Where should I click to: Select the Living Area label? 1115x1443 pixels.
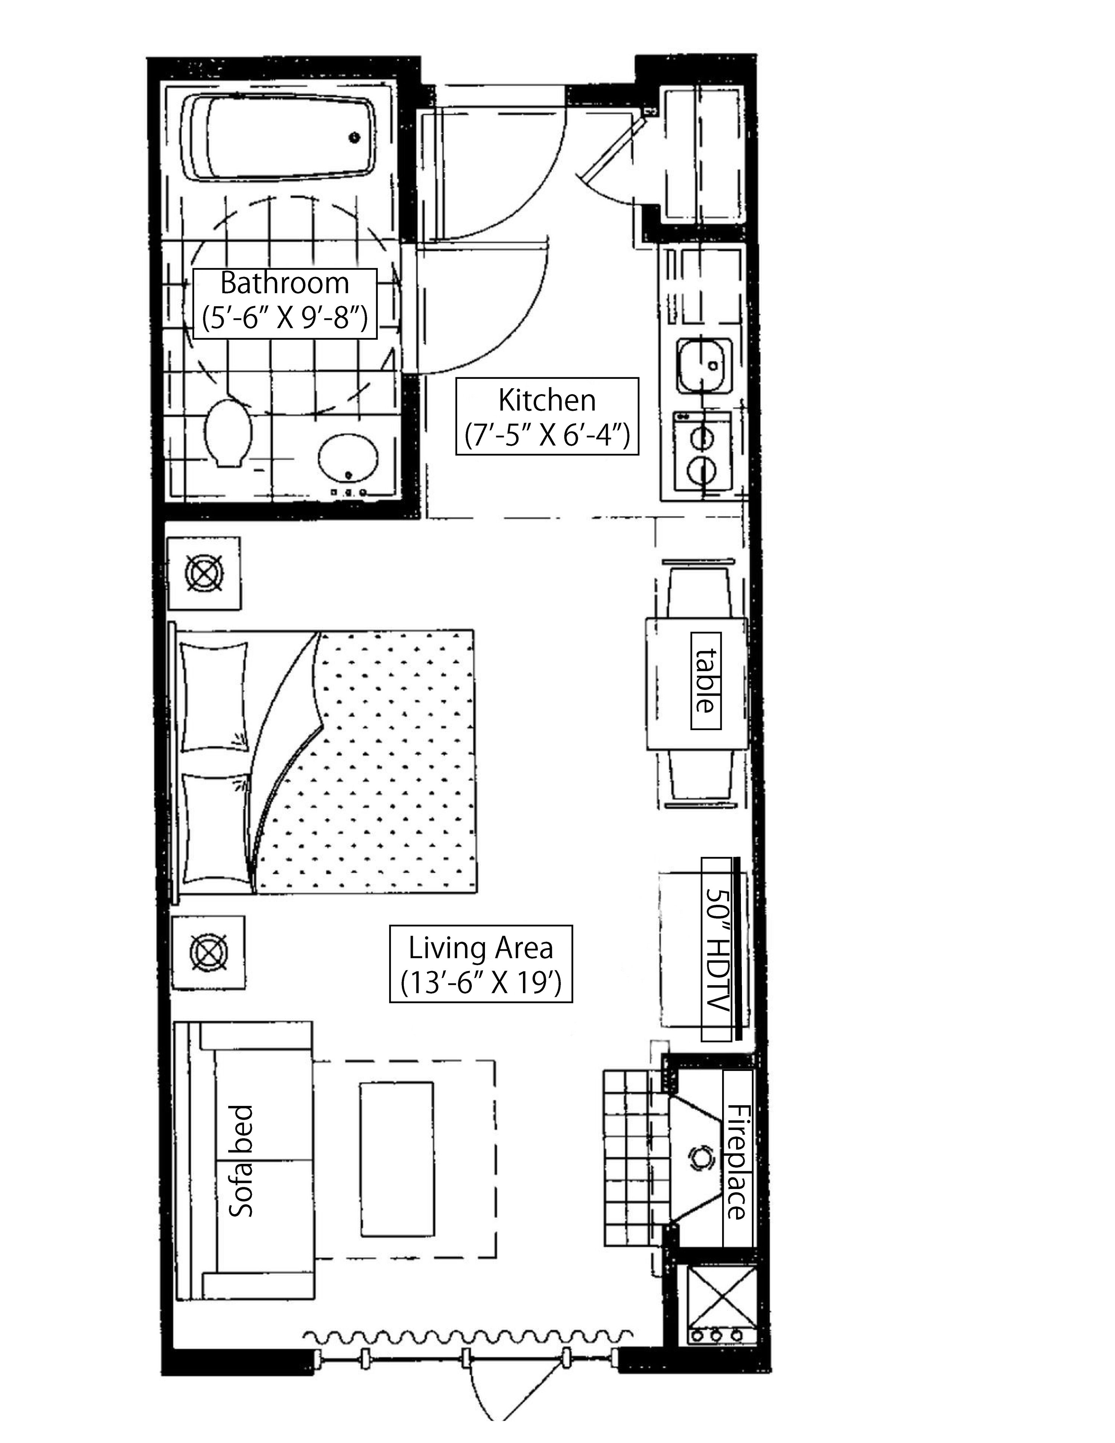[x=480, y=964]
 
